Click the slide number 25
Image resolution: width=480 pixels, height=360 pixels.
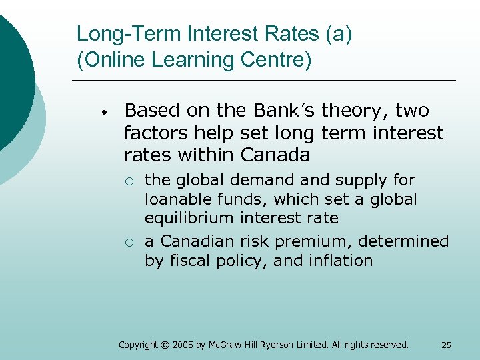point(446,345)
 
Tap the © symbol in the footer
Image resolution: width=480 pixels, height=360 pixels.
point(165,345)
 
